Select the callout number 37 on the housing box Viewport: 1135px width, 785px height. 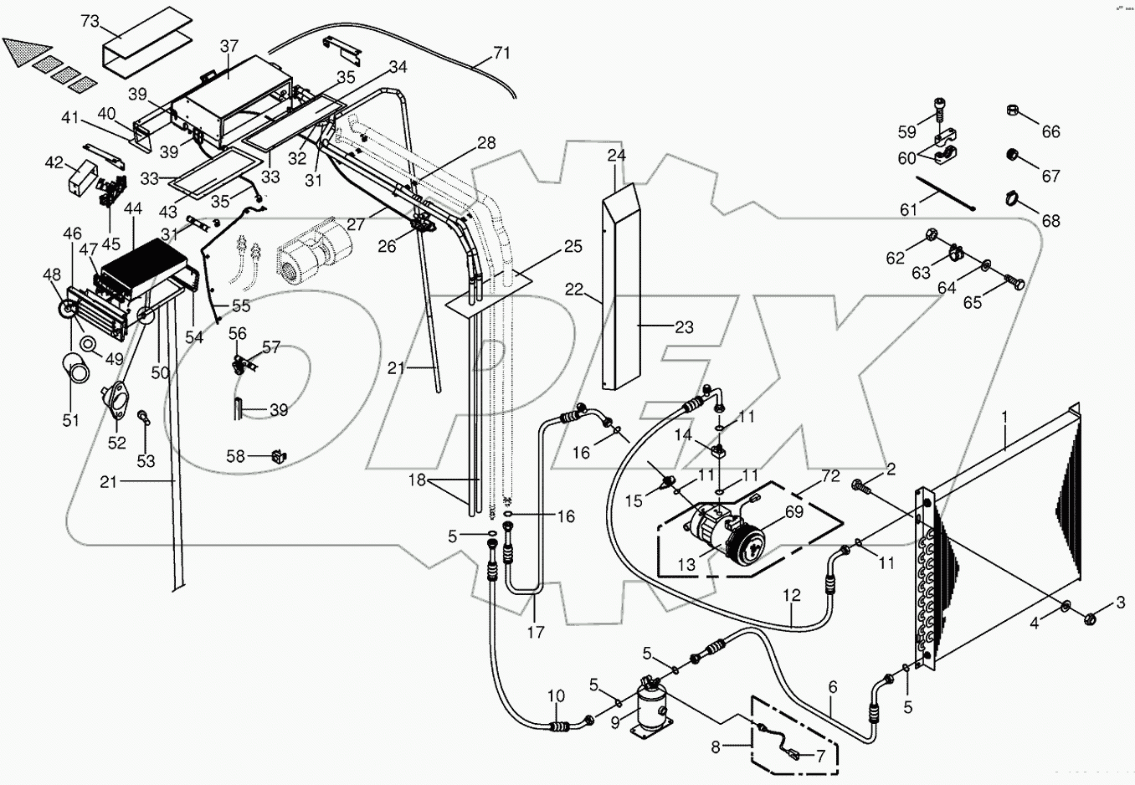[x=229, y=48]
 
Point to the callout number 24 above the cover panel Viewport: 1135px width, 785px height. [x=617, y=156]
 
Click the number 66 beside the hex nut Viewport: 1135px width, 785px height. [x=1050, y=131]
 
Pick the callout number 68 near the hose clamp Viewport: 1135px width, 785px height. [x=1050, y=221]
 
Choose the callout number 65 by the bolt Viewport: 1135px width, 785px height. [x=973, y=302]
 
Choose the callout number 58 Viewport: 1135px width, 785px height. [x=236, y=456]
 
